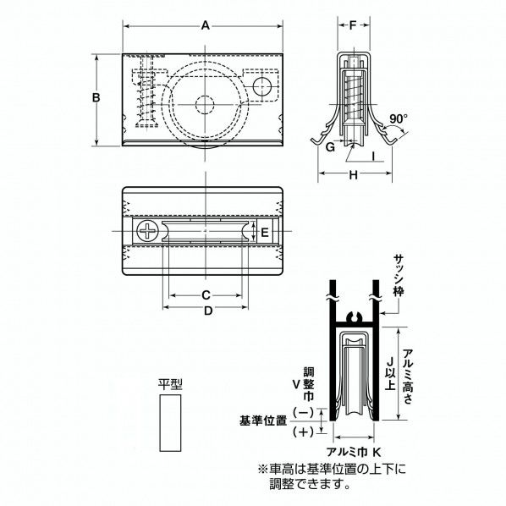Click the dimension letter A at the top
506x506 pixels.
point(206,26)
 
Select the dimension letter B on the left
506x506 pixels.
point(96,99)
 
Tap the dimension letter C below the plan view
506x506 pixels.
point(206,294)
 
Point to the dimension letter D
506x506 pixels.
point(206,311)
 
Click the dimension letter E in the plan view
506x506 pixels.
point(264,231)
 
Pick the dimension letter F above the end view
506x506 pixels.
point(353,25)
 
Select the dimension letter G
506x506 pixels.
point(331,146)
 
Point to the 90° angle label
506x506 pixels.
point(399,119)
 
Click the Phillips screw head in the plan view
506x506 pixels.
point(149,230)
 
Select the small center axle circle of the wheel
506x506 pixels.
point(206,104)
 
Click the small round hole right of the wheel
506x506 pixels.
point(261,86)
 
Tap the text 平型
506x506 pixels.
point(170,383)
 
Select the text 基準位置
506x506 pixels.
point(262,420)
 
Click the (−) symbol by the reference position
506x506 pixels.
point(301,412)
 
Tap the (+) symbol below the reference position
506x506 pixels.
point(301,432)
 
